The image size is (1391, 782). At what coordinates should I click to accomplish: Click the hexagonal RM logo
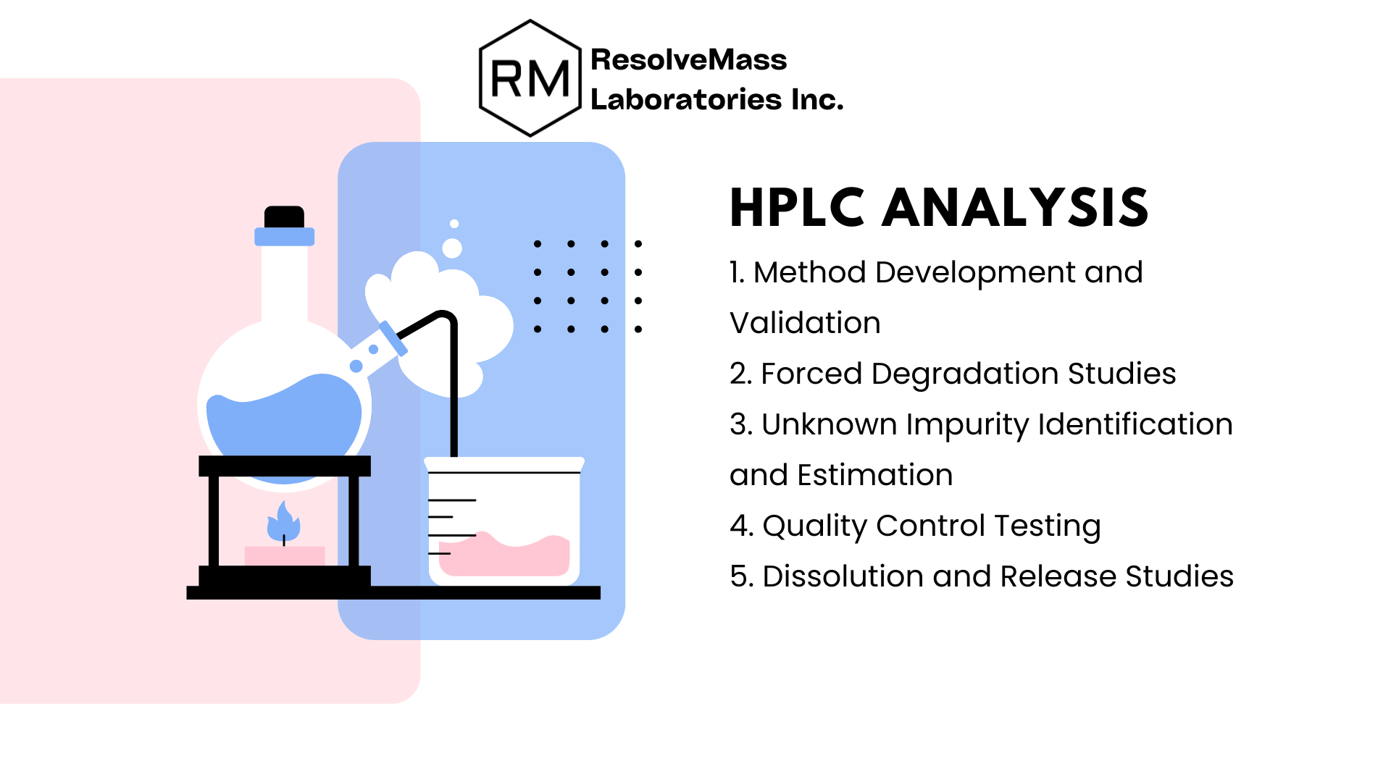click(x=530, y=78)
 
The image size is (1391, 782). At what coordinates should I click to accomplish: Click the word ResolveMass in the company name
click(x=688, y=59)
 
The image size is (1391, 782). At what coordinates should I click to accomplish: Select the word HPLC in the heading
click(x=797, y=208)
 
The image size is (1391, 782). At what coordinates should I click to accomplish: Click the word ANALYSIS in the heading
click(x=1015, y=208)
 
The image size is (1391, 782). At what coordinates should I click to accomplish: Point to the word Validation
click(x=805, y=323)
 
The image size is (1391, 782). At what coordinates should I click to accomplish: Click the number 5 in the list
click(x=738, y=576)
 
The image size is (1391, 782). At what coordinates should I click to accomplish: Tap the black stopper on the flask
click(x=284, y=216)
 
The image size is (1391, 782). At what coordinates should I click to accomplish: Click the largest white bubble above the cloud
click(x=452, y=248)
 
